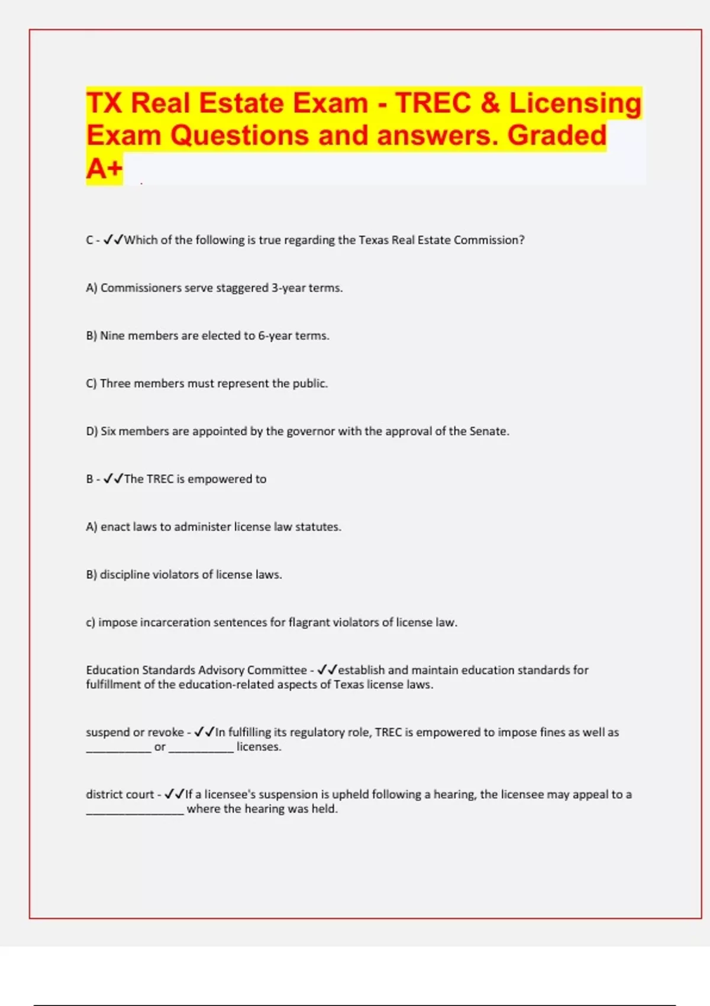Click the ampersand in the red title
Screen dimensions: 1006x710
490,103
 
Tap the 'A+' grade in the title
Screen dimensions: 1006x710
104,169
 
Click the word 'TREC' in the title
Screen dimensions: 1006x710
433,103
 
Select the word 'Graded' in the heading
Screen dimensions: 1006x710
557,136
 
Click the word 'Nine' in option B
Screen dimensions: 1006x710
112,336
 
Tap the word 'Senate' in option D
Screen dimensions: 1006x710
488,431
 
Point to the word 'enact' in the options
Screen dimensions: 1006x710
115,527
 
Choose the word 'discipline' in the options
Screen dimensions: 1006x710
124,575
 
